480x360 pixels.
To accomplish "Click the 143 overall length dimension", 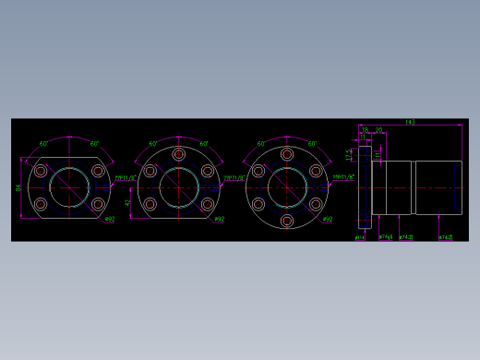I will (x=410, y=122).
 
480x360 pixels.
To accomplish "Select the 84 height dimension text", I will (x=18, y=187).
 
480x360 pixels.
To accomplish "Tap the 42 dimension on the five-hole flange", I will (x=127, y=202).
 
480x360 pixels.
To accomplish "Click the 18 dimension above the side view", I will (x=365, y=130).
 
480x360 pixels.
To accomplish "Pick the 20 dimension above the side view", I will (x=379, y=130).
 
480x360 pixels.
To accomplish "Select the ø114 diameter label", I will (x=360, y=237).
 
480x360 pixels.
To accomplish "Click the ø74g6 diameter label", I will (x=385, y=237).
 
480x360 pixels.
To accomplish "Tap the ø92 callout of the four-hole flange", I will (x=109, y=219).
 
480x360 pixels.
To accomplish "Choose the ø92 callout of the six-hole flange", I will (x=327, y=219).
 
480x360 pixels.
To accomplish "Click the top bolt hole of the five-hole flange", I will (x=179, y=154).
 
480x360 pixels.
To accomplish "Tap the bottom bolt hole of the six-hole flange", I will (x=287, y=222).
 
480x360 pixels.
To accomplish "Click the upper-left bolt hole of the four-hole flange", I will (x=41, y=171).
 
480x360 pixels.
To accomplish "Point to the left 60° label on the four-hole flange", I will (x=44, y=144).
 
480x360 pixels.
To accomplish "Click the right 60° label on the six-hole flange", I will (x=312, y=144).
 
